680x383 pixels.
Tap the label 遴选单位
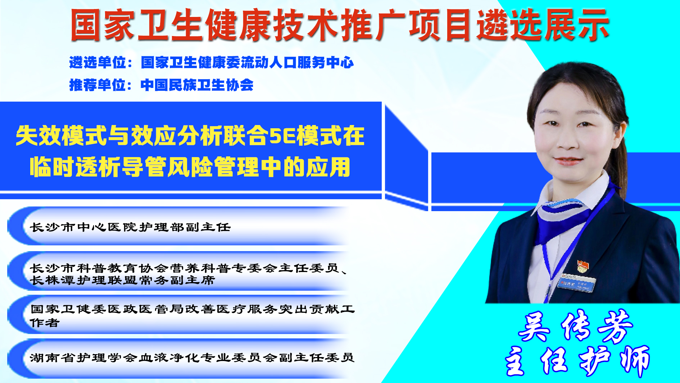(98, 63)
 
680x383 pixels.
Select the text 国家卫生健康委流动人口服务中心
(247, 63)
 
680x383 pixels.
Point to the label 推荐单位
(98, 85)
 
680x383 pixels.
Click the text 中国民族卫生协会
(197, 85)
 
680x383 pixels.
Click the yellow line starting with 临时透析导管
(190, 166)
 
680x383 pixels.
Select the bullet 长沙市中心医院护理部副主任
(130, 227)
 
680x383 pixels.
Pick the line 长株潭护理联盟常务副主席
(122, 280)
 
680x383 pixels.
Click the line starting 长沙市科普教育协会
(188, 268)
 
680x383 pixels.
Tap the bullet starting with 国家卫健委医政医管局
(192, 316)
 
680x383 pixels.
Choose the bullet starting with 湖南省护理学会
(192, 357)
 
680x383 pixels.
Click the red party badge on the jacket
(583, 266)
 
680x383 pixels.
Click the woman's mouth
(567, 160)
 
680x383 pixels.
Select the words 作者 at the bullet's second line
(44, 323)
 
